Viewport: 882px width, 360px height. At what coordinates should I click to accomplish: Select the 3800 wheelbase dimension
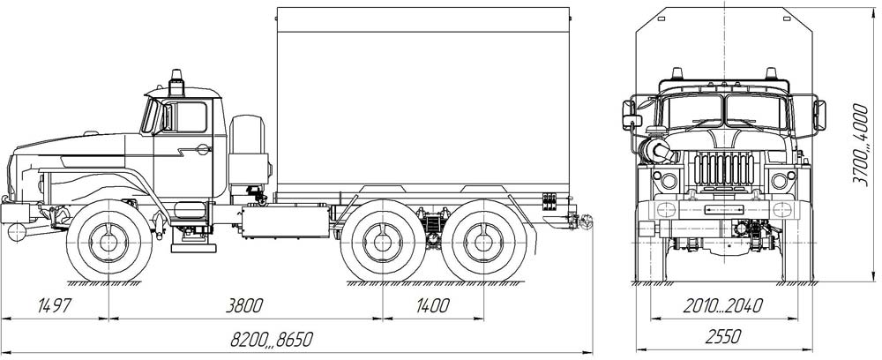tap(244, 306)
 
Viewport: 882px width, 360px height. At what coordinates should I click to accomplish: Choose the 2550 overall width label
tap(723, 335)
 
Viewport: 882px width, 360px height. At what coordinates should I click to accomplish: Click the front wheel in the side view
tap(108, 240)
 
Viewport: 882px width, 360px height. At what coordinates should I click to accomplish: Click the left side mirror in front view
tap(632, 115)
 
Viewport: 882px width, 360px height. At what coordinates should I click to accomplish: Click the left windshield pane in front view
tap(691, 111)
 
